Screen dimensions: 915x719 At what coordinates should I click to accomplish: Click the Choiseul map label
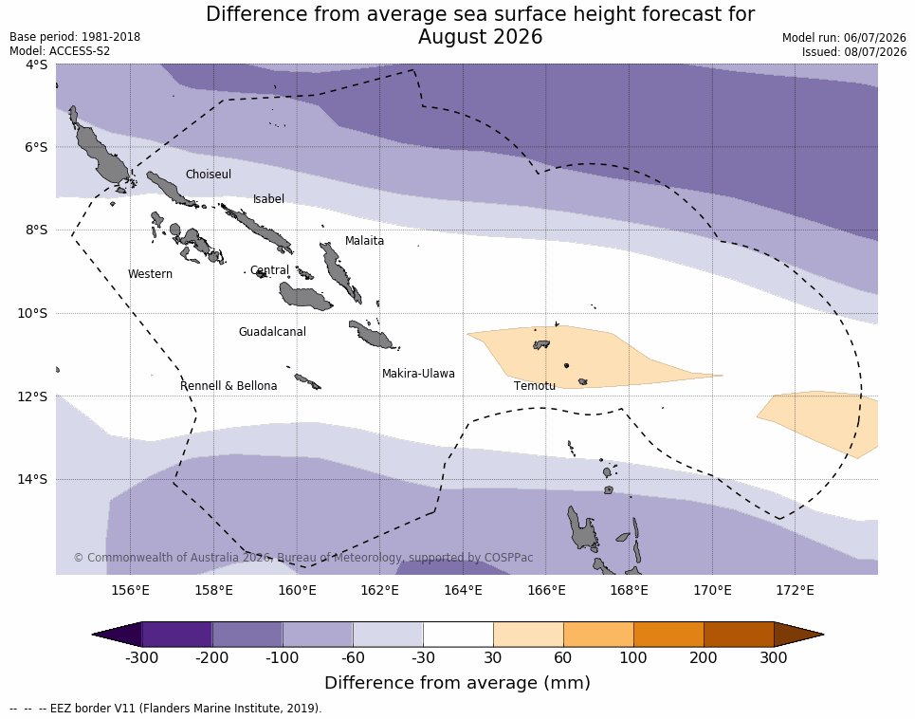point(209,174)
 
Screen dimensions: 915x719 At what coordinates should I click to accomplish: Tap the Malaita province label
point(364,240)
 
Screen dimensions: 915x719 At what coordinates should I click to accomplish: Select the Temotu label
point(535,386)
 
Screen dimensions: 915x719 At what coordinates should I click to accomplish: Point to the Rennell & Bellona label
point(229,386)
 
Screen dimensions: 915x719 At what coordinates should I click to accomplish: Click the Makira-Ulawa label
point(418,374)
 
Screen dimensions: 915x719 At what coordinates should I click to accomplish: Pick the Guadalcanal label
point(272,331)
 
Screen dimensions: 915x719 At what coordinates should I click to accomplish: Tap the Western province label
point(150,274)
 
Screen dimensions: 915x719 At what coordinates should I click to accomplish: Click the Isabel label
point(268,199)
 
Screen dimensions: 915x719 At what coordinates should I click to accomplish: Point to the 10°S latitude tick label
point(32,313)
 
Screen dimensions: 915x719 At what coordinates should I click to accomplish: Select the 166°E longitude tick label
point(546,590)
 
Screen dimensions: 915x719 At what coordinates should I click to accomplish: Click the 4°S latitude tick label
point(36,65)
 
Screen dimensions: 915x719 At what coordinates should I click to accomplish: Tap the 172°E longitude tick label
point(795,590)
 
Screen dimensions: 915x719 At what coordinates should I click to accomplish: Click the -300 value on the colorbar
point(142,657)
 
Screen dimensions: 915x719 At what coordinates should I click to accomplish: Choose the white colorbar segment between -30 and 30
point(458,635)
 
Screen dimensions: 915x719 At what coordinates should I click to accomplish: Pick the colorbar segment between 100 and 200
point(668,635)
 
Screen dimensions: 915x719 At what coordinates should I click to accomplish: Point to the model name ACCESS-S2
point(80,51)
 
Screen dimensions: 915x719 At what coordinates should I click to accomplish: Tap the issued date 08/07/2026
point(875,51)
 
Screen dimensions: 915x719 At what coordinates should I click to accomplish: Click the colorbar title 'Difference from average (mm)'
point(457,683)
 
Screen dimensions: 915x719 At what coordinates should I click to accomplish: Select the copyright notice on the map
point(303,558)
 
